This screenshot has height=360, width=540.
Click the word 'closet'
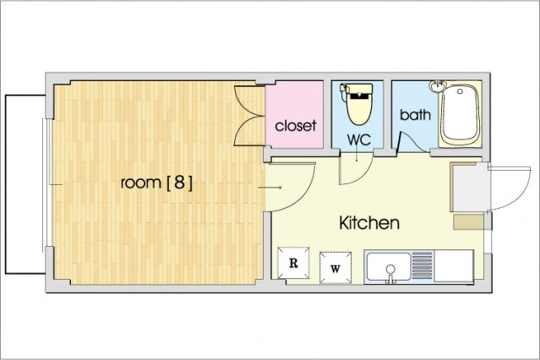tap(296, 127)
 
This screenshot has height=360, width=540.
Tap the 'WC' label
tap(358, 139)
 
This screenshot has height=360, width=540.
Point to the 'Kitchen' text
tap(368, 223)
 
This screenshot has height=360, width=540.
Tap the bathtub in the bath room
tap(461, 115)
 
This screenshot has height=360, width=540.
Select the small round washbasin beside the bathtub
tap(438, 87)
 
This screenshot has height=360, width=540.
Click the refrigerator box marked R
tap(294, 263)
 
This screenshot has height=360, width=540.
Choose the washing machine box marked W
tap(335, 267)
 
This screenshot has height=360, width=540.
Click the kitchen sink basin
tap(388, 267)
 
